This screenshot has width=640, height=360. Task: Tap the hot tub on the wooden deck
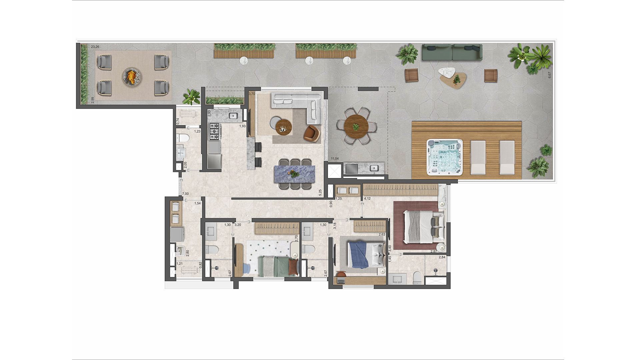(x=445, y=157)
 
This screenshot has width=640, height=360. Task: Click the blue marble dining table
(x=294, y=174)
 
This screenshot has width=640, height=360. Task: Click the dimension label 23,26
(x=95, y=47)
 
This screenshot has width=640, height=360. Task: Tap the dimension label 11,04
(x=334, y=159)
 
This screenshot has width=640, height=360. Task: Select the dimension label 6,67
(x=550, y=75)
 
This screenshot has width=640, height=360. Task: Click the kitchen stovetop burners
(x=214, y=131)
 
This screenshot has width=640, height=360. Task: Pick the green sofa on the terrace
(x=452, y=52)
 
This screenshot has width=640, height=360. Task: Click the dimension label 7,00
(x=185, y=194)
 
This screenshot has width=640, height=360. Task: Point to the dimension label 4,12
(x=367, y=199)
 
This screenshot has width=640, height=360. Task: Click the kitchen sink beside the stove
(x=232, y=116)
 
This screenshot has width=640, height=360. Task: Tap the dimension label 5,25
(x=320, y=192)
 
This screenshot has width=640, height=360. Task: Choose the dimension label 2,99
(x=93, y=100)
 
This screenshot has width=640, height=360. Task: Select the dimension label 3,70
(x=252, y=94)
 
